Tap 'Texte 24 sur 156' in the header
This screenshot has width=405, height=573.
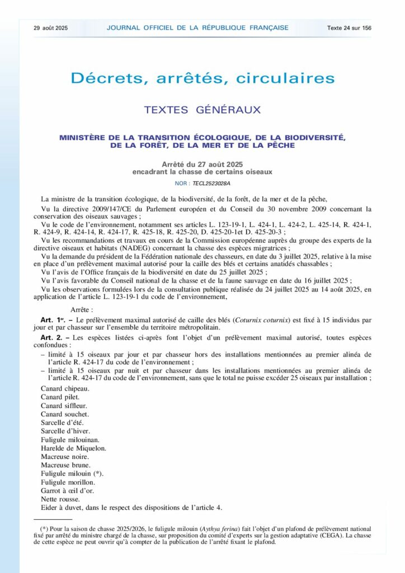(350, 27)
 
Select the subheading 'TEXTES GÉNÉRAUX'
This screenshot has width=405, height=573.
(202, 110)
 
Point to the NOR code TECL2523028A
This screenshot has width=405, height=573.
(211, 183)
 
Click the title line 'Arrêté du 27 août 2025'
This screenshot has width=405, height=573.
(202, 164)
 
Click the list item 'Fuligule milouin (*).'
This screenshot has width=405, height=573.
(72, 473)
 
